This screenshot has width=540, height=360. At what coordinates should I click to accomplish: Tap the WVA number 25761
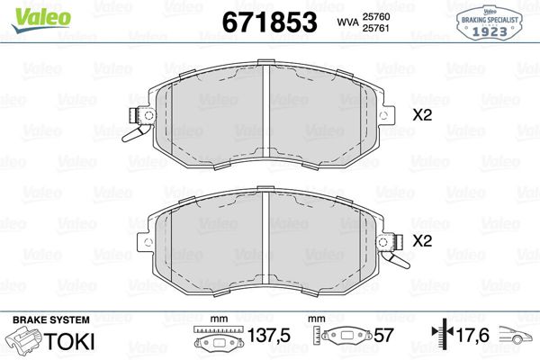(x=386, y=28)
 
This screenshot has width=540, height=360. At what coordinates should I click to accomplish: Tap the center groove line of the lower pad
(x=266, y=243)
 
